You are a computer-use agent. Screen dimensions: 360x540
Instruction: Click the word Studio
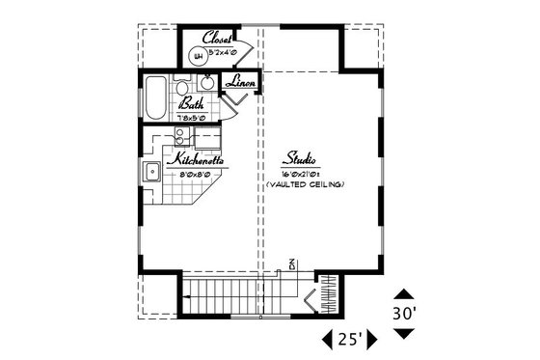pyautogui.click(x=302, y=157)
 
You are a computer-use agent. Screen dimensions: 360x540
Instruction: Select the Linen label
pyautogui.click(x=240, y=83)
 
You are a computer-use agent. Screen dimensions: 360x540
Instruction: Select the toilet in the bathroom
pyautogui.click(x=184, y=88)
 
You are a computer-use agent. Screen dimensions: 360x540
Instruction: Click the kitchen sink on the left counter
pyautogui.click(x=152, y=173)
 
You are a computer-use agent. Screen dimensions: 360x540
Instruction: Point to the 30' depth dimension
pyautogui.click(x=404, y=313)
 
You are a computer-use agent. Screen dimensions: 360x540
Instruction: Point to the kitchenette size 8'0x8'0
pyautogui.click(x=197, y=175)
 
